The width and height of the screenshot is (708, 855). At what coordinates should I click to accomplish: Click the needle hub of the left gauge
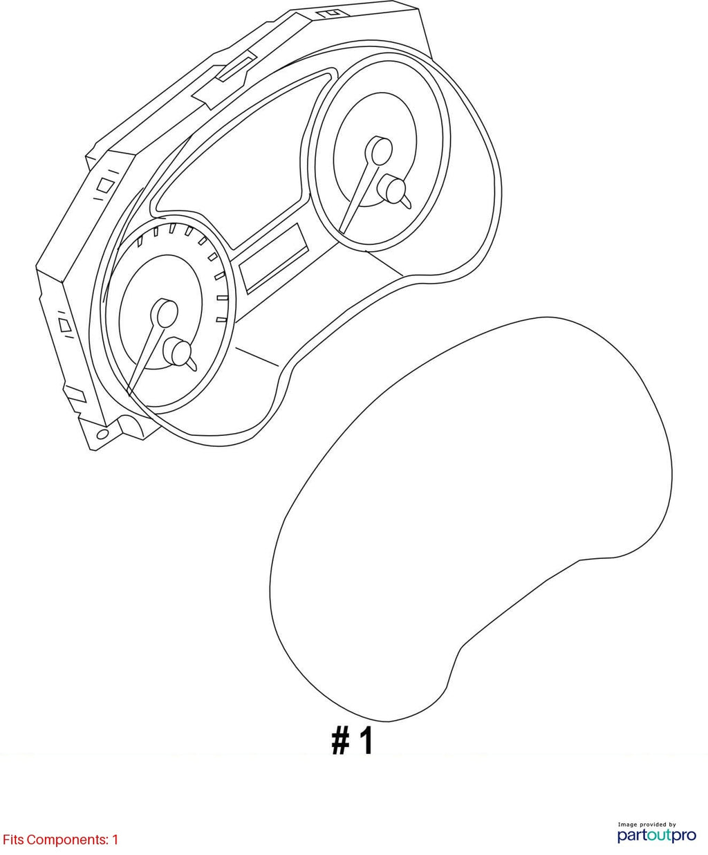165,313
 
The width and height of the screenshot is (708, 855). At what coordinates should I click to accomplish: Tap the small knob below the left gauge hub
180,352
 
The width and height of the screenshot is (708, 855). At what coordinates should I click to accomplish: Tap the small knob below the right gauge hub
395,190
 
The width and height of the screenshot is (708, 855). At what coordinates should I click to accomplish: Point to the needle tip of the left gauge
129,395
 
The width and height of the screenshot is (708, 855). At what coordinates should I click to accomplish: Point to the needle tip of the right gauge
342,232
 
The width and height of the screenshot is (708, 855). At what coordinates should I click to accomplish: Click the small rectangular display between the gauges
273,259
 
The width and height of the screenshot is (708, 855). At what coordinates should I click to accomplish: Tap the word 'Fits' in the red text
13,840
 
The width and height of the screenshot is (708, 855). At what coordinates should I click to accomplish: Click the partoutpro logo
656,835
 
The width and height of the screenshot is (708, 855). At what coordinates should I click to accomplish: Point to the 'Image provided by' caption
646,820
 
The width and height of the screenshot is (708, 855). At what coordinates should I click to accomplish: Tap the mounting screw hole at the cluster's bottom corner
103,434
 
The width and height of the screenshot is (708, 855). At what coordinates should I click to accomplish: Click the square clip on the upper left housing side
104,185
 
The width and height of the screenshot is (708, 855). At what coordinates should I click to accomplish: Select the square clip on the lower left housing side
65,325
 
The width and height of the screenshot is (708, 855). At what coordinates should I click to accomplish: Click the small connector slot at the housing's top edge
333,13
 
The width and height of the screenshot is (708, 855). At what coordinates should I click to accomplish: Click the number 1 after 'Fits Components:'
115,840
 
